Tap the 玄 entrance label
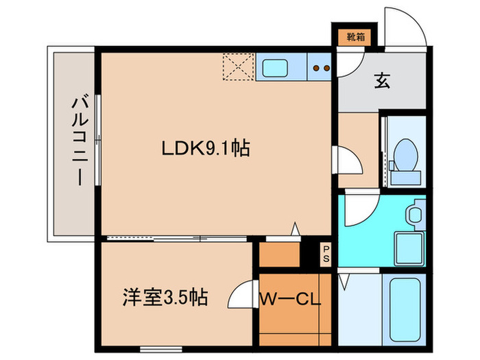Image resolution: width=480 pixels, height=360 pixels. click(x=383, y=82)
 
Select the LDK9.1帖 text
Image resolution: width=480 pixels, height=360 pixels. click(x=205, y=147)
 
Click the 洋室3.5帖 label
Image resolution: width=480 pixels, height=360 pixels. click(x=165, y=298)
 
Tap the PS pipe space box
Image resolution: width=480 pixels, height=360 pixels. click(x=326, y=253)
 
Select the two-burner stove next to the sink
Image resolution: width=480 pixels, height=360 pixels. click(x=321, y=69)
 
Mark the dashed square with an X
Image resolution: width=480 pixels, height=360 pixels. click(x=238, y=68)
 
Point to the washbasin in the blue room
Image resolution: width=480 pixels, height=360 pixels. click(x=413, y=215)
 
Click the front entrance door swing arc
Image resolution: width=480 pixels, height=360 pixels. click(x=403, y=27)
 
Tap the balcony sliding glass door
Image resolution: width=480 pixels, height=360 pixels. click(x=99, y=141)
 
